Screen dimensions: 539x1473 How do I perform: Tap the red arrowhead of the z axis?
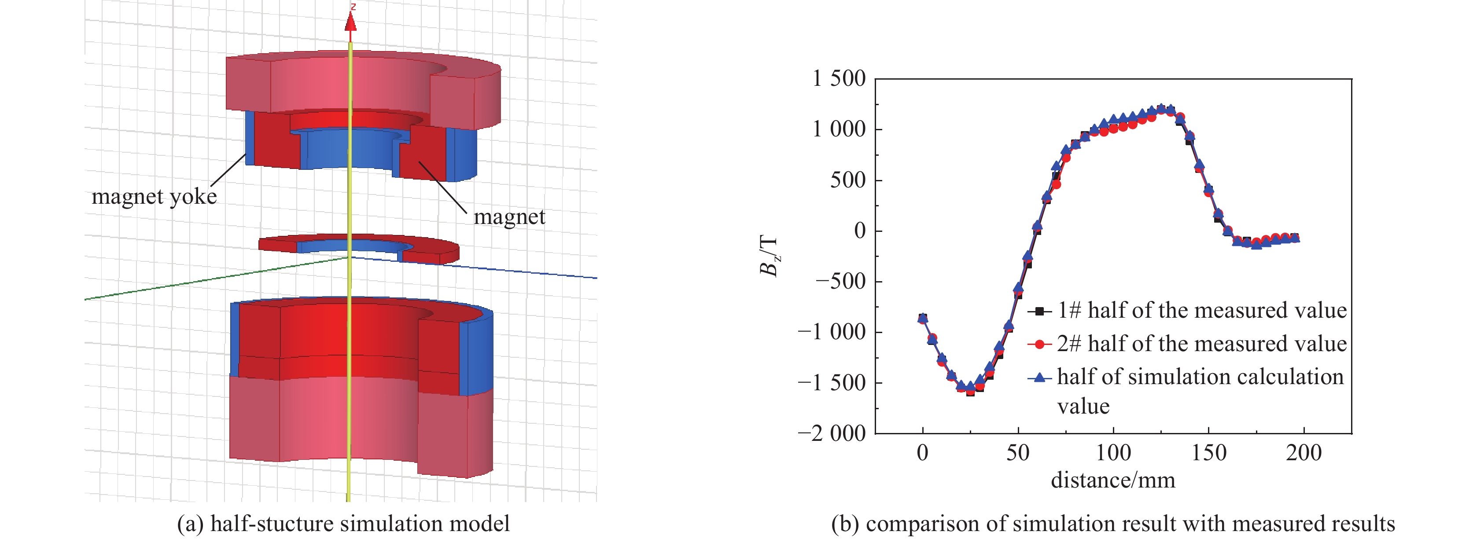(x=350, y=22)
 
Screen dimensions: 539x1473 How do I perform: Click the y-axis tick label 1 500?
(x=839, y=78)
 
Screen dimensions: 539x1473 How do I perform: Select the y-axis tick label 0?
(x=859, y=231)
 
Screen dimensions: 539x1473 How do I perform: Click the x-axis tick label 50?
(x=1018, y=453)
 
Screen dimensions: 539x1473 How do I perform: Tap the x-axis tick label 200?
(x=1304, y=453)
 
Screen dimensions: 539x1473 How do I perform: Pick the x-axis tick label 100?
(x=1113, y=453)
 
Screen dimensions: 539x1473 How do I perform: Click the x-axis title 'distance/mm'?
(x=1113, y=480)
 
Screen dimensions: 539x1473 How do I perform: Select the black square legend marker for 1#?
(x=1039, y=312)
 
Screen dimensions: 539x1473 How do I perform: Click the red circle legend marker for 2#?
(x=1039, y=344)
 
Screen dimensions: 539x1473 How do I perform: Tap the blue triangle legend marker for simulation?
(x=1039, y=377)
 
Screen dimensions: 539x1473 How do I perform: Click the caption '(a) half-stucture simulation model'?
(x=343, y=524)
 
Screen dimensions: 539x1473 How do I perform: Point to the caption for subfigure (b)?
(x=1113, y=524)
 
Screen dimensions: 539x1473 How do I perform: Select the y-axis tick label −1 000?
(x=832, y=331)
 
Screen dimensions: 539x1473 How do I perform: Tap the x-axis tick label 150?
(x=1208, y=453)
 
